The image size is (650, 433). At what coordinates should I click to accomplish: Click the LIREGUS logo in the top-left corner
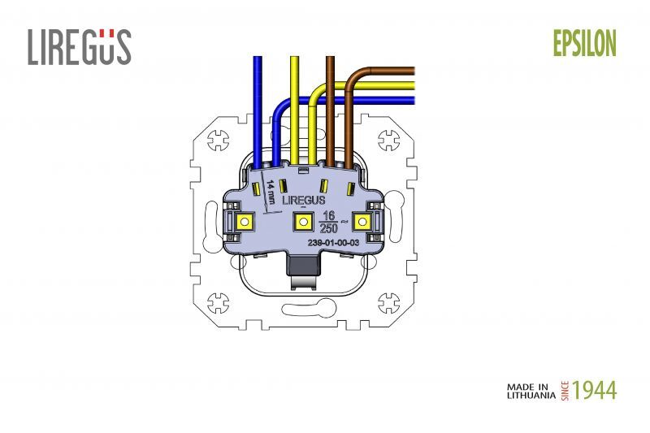click(80, 47)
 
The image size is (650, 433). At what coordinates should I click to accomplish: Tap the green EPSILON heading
click(584, 44)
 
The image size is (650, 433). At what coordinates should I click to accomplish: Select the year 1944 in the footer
click(594, 391)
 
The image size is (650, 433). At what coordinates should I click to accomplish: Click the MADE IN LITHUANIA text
click(531, 391)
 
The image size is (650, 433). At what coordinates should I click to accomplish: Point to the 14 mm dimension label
click(271, 192)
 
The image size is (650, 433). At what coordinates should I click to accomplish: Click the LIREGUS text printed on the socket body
click(303, 200)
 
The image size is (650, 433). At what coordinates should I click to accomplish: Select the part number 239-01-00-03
click(333, 243)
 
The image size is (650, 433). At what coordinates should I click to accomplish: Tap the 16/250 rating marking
click(329, 222)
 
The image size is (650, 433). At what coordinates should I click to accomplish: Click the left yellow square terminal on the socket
click(245, 222)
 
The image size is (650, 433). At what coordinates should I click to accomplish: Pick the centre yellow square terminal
click(303, 222)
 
